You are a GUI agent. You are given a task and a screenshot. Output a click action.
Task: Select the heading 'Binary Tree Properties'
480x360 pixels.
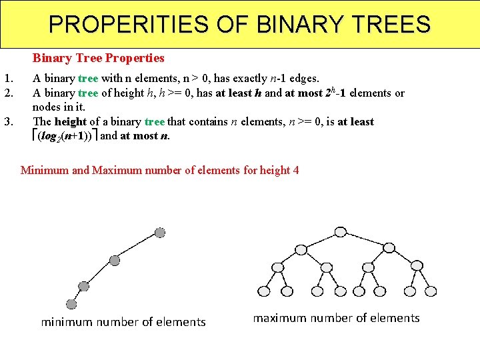pos(98,58)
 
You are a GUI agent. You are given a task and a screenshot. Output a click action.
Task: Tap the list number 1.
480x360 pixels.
pos(9,78)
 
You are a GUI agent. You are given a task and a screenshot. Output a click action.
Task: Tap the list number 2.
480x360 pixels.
pos(9,93)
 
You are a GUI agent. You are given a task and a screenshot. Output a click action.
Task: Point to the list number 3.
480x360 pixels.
pos(9,121)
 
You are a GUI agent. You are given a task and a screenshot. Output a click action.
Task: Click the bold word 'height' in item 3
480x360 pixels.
pos(71,121)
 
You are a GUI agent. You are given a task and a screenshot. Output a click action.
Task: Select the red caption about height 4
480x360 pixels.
pos(160,170)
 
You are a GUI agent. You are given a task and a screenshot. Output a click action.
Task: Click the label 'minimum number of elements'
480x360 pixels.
pos(123,322)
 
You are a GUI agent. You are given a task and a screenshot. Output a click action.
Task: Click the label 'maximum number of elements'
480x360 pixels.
pos(336,318)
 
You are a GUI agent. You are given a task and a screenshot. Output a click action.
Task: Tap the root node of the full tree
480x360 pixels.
pos(341,232)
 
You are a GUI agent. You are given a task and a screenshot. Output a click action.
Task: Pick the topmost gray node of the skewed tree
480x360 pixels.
pos(159,232)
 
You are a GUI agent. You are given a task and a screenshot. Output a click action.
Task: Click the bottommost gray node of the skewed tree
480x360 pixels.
pos(71,304)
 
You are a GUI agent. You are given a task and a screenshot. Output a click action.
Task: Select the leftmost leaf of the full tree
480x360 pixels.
pos(264,291)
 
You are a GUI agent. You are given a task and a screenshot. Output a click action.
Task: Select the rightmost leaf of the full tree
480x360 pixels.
pos(431,291)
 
